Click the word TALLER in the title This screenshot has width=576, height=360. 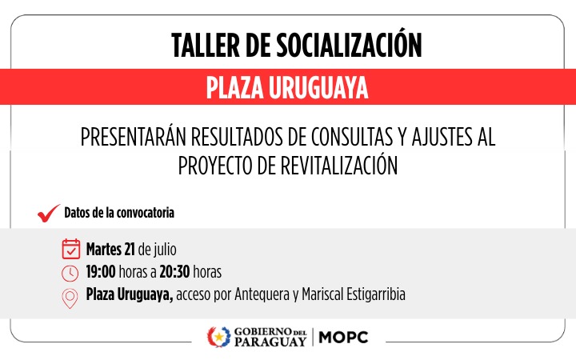206,46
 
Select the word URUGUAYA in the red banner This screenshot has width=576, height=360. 318,88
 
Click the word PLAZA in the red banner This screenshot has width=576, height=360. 235,88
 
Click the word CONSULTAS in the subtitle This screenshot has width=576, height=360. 352,137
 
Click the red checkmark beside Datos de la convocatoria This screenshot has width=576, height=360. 49,213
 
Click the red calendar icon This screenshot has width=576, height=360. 71,249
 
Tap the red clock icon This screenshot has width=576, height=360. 70,274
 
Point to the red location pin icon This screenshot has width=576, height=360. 70,298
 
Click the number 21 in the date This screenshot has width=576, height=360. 130,250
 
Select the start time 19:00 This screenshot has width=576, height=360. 101,272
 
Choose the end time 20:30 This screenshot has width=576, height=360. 174,272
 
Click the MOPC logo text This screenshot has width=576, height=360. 343,338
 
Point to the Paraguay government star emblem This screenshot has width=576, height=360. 218,337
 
